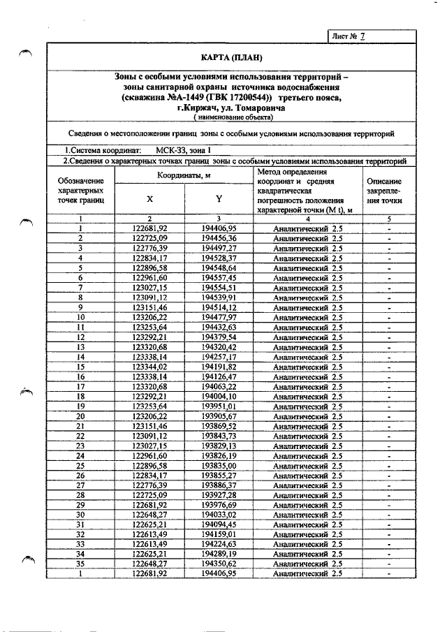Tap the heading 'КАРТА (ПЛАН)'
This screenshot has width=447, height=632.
pos(228,57)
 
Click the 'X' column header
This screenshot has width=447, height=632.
pos(149,198)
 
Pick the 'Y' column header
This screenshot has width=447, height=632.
pos(219,198)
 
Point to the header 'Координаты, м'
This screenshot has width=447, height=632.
pos(184,175)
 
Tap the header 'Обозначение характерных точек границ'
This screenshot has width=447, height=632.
pos(81,190)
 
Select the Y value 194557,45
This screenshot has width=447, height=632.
pos(219,277)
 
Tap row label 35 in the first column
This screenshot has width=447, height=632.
pos(81,564)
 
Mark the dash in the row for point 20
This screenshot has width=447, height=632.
pos(387,416)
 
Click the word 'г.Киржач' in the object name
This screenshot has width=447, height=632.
pos(198,109)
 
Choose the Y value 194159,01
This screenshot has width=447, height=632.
pos(219,534)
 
